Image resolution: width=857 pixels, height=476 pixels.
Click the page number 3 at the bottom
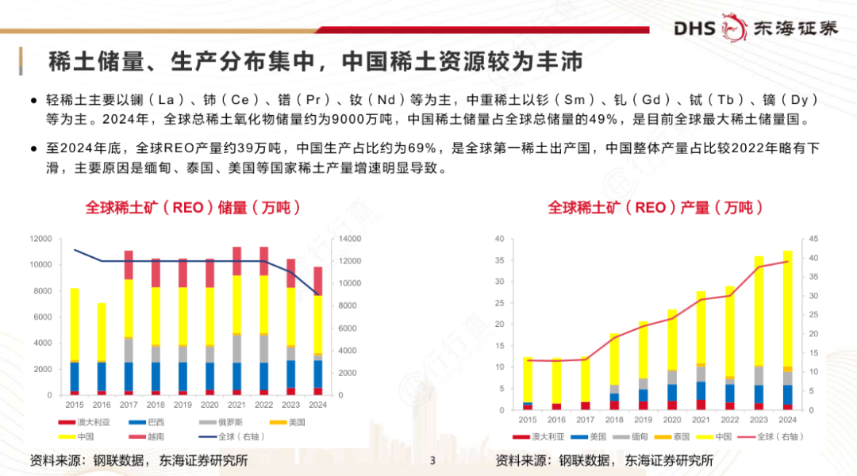pos(432,460)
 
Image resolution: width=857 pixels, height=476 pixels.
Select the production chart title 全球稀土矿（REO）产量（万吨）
pos(655,208)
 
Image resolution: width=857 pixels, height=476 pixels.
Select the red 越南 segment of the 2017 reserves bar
pos(129,265)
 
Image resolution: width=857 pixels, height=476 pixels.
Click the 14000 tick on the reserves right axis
pos(350,239)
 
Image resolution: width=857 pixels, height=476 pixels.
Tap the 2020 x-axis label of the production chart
pos(671,419)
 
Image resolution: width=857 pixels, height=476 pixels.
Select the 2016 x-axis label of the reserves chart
pos(102,405)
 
